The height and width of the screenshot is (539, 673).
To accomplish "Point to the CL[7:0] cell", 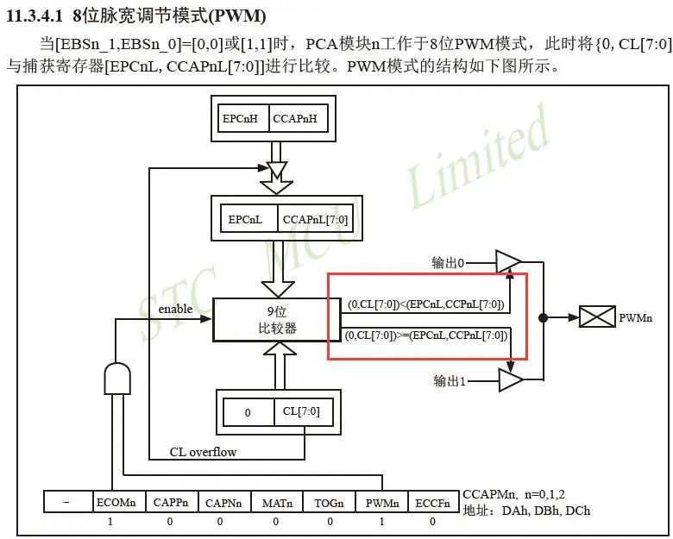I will (x=301, y=412).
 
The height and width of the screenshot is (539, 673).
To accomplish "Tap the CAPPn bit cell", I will (x=169, y=502).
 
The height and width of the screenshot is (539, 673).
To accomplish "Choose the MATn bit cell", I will (x=275, y=502).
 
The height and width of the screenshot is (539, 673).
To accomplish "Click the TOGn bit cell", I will (x=328, y=502).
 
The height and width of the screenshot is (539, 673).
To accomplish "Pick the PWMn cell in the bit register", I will (x=381, y=502).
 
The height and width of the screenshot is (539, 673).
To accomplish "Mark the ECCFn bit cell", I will (x=433, y=502).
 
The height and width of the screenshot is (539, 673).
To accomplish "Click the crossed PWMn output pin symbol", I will (x=597, y=317).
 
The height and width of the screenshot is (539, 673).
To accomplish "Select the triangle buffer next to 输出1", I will (x=509, y=379).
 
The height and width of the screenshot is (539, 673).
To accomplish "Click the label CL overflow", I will (x=203, y=452).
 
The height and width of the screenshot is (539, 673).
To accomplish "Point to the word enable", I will (x=175, y=309).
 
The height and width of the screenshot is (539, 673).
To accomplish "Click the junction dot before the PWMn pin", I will (x=543, y=317).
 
